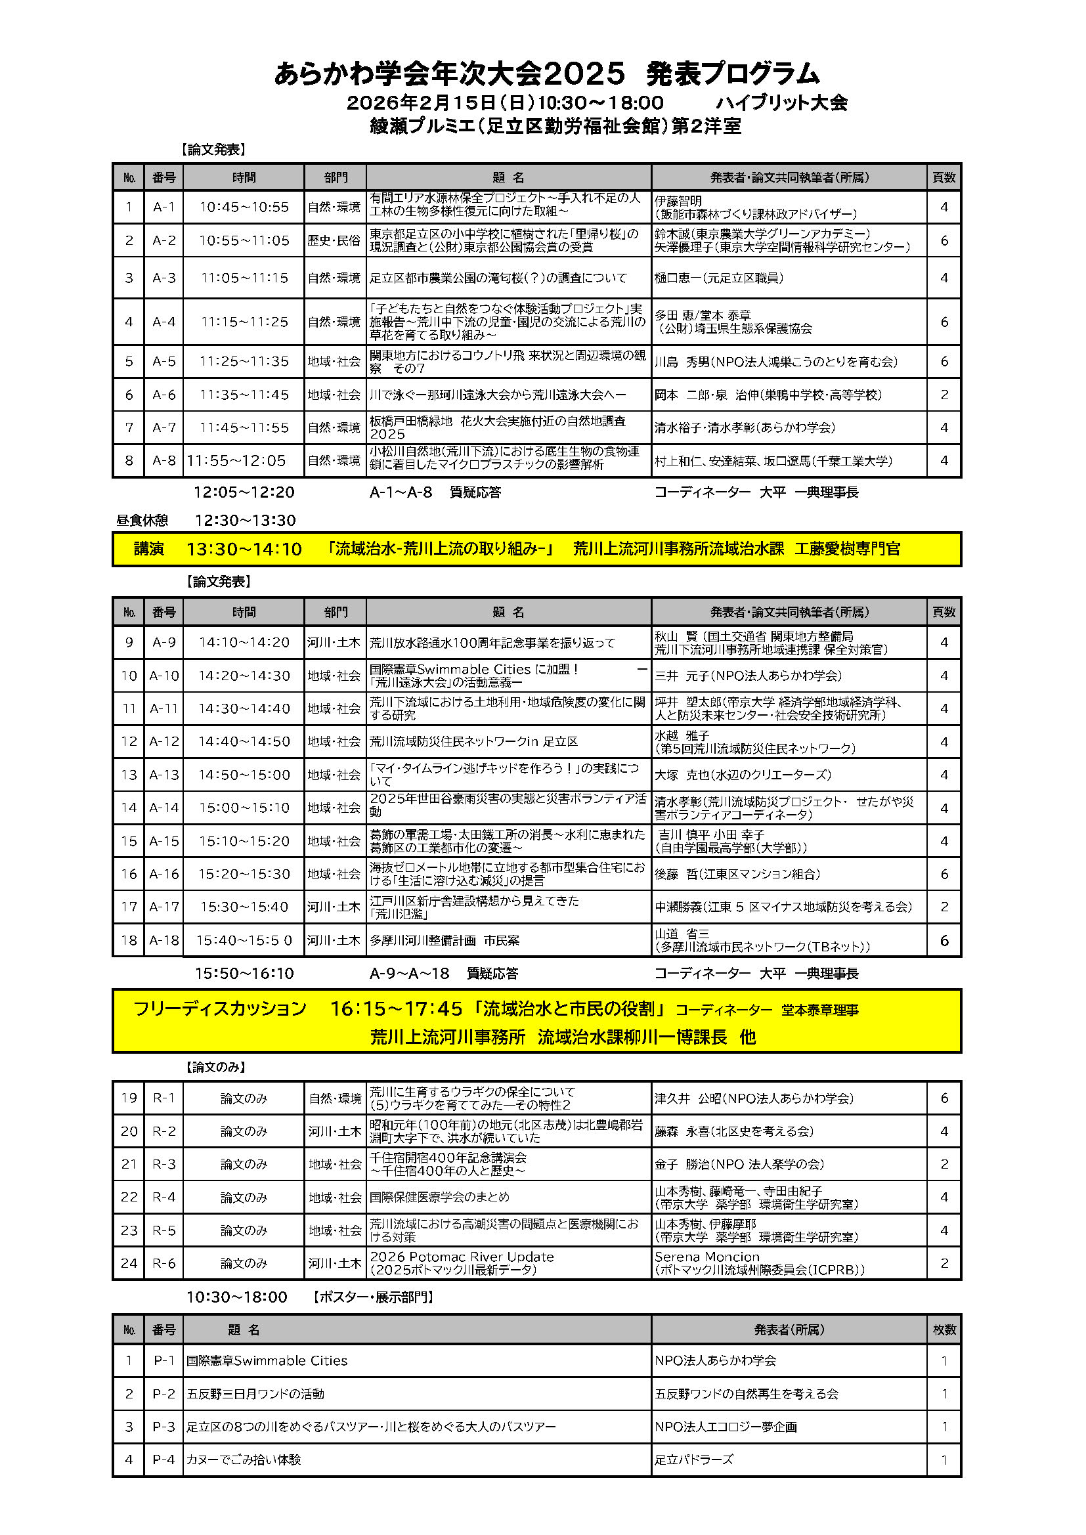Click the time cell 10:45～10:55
click(x=244, y=207)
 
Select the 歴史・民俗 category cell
click(x=334, y=241)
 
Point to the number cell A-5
click(x=164, y=362)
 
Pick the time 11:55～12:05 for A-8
click(x=236, y=461)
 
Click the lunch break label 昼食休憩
click(x=142, y=520)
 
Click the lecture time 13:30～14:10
click(x=244, y=549)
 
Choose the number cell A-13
click(x=164, y=775)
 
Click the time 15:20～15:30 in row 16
click(x=244, y=874)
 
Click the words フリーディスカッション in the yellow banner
click(x=220, y=1009)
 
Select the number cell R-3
click(x=164, y=1164)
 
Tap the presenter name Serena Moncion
click(x=707, y=1257)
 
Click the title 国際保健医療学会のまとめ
click(x=439, y=1197)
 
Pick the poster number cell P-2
click(x=164, y=1394)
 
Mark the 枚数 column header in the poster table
click(x=944, y=1330)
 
